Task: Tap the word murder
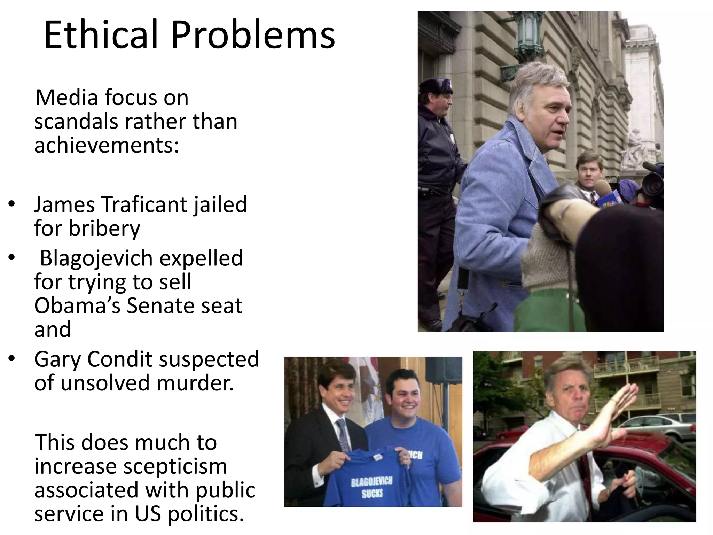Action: point(195,383)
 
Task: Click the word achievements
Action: point(106,145)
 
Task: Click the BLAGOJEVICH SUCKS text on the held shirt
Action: point(372,487)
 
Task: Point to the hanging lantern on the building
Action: point(530,35)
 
